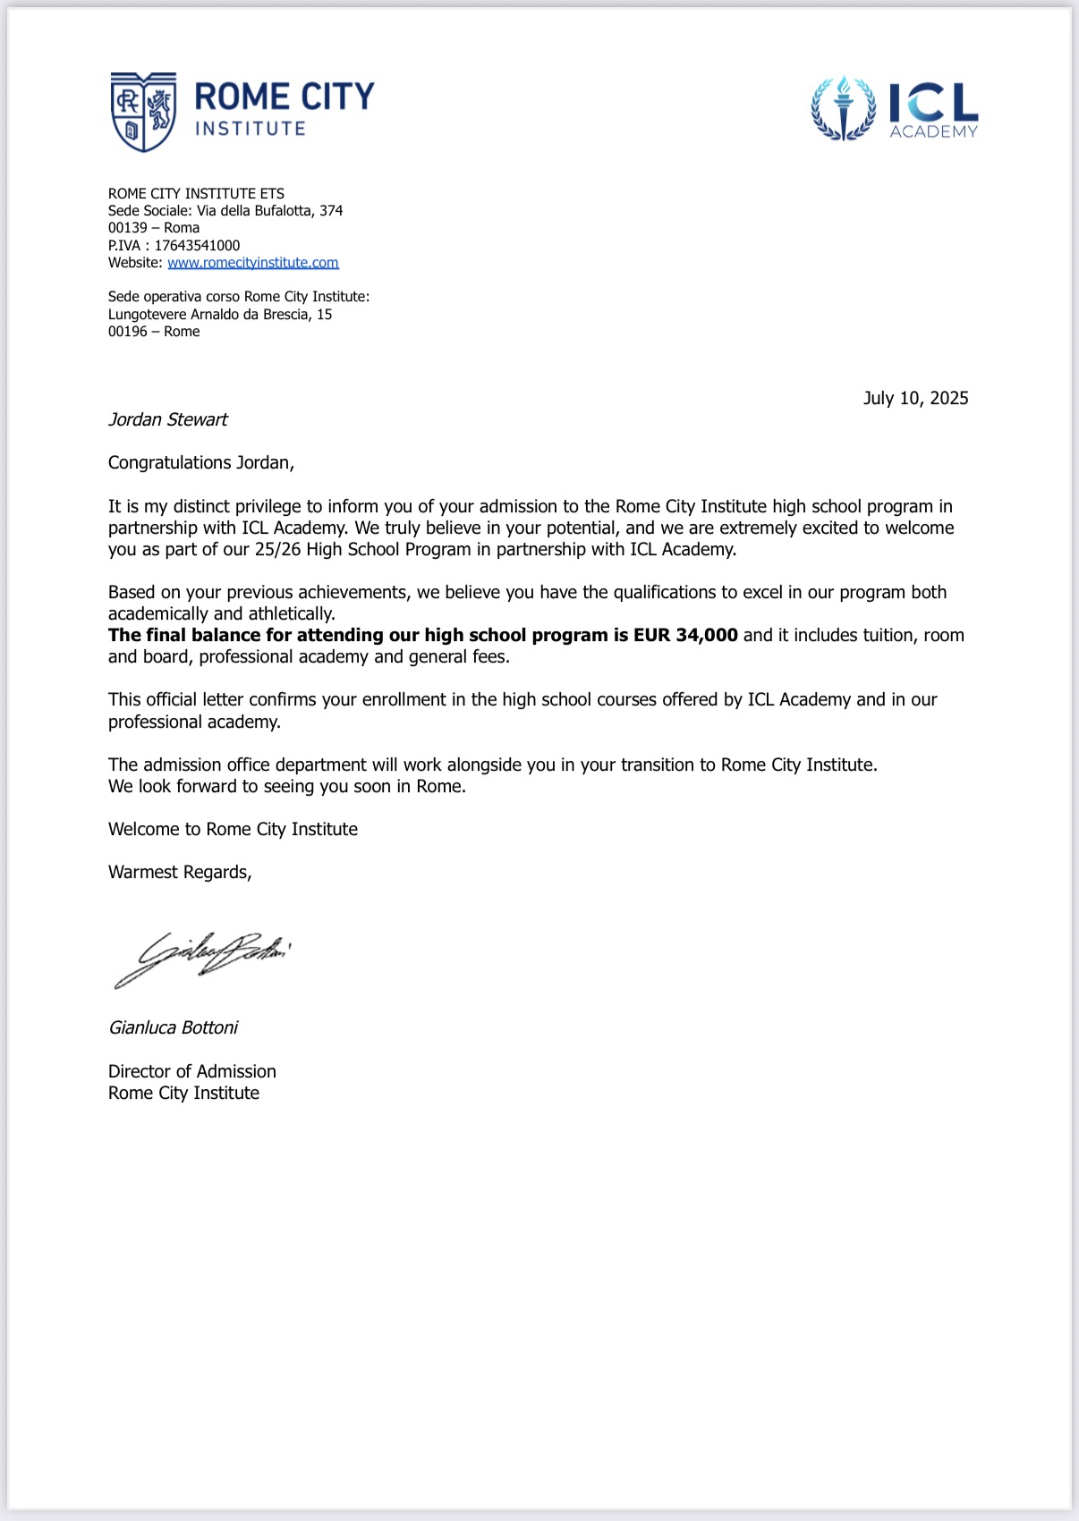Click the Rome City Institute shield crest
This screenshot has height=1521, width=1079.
(x=143, y=112)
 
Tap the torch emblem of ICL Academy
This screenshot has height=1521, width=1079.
(x=843, y=107)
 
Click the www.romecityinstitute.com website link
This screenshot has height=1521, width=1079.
(x=253, y=263)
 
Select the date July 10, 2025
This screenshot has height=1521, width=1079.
(x=915, y=399)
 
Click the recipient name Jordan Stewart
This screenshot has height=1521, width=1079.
(x=168, y=419)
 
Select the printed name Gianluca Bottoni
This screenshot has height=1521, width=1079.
(x=174, y=1028)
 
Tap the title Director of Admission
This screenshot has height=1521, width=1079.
(x=192, y=1071)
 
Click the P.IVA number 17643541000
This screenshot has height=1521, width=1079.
(x=197, y=246)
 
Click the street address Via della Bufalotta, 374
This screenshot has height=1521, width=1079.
(x=269, y=211)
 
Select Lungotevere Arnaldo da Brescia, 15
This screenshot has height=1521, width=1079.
(x=220, y=315)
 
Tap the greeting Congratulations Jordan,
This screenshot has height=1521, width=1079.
(x=201, y=463)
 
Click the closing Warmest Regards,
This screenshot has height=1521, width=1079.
(x=180, y=873)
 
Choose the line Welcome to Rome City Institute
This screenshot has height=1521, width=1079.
(x=233, y=830)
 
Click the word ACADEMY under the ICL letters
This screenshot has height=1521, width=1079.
(x=933, y=132)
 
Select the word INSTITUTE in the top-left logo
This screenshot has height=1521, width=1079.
(x=251, y=129)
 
